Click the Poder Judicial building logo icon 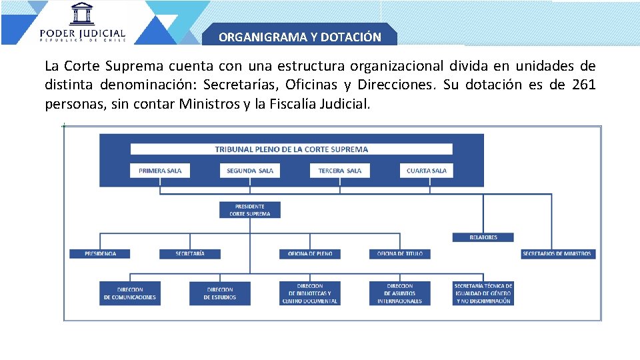[x=82, y=14]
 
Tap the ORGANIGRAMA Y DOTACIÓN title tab [x=300, y=37]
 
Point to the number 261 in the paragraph [x=583, y=85]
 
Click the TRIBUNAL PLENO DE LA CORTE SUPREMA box [x=291, y=149]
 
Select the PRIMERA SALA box [x=160, y=171]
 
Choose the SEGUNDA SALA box [x=250, y=171]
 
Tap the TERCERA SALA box [x=340, y=171]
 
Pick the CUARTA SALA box [x=427, y=171]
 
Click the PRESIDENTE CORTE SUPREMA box [x=250, y=210]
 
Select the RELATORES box [x=483, y=237]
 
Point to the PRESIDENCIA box [x=100, y=254]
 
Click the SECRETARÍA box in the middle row [x=190, y=254]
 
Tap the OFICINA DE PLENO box [x=310, y=254]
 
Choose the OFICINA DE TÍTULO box [x=400, y=254]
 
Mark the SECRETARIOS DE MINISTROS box [x=558, y=254]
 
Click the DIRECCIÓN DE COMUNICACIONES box [x=130, y=293]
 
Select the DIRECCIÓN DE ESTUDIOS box [x=219, y=293]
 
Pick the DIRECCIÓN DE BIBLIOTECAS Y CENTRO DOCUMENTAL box [x=309, y=293]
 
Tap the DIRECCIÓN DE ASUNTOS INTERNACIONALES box [x=399, y=293]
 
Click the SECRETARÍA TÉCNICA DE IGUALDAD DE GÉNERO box [x=483, y=293]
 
